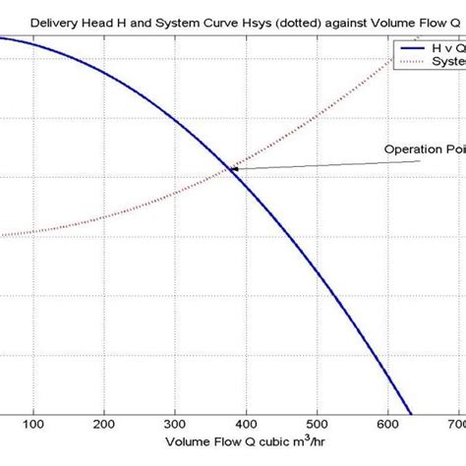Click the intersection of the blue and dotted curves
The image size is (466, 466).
(x=232, y=169)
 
